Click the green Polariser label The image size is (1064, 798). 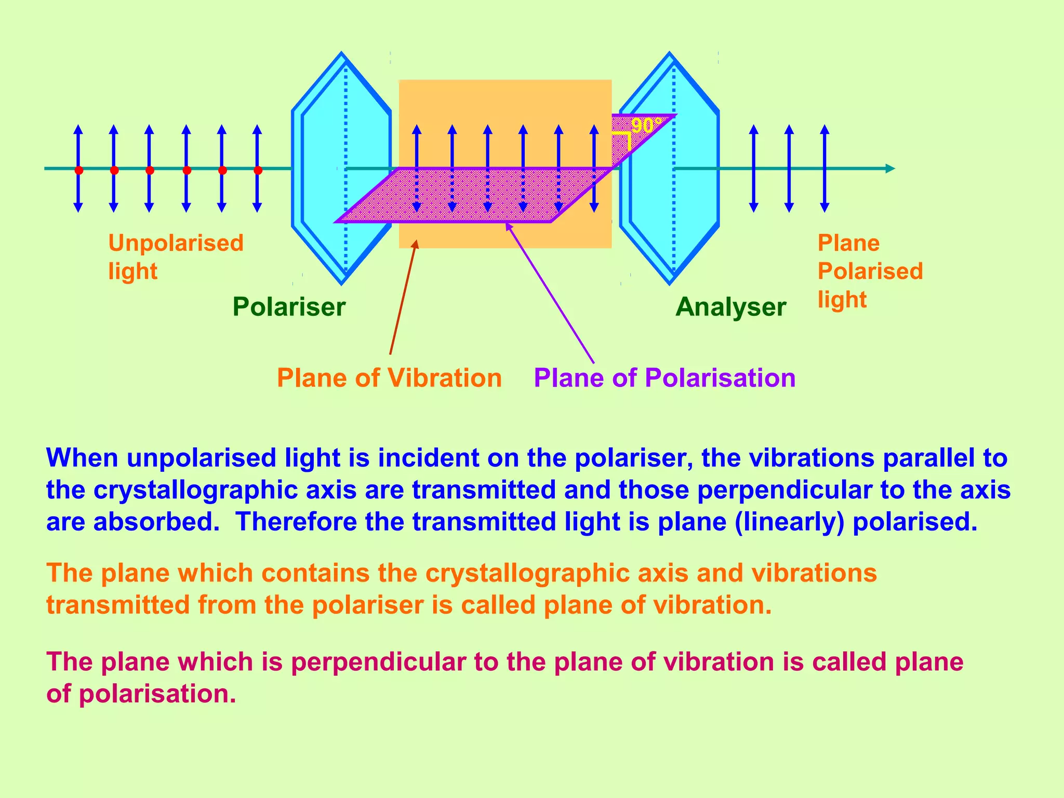[289, 307]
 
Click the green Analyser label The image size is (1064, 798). [730, 307]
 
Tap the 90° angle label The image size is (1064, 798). [646, 126]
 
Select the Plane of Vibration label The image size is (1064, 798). [389, 378]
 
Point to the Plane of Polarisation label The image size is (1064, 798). [664, 378]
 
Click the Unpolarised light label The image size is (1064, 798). [176, 257]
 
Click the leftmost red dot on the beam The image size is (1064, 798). [78, 170]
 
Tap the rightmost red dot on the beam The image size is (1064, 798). [258, 170]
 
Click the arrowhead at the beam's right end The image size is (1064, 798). [890, 168]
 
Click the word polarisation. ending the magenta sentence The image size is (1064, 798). [157, 694]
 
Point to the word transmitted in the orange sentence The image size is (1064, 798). [118, 605]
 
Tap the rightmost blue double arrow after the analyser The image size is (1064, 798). [824, 168]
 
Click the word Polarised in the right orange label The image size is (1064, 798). [870, 271]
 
